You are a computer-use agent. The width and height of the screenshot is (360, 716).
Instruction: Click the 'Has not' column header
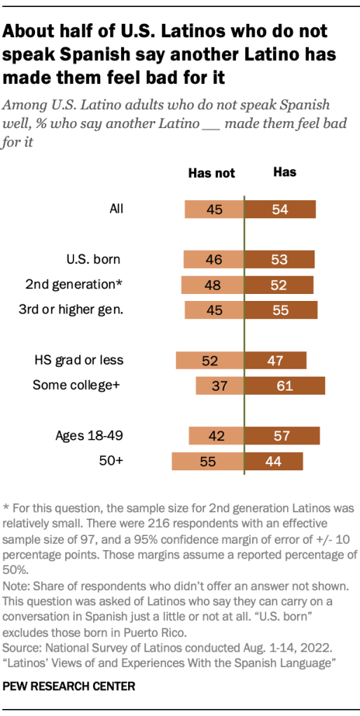(x=212, y=174)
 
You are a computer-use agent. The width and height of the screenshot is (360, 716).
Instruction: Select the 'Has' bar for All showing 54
(x=280, y=209)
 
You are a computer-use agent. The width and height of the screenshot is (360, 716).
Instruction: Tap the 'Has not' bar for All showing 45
(x=214, y=209)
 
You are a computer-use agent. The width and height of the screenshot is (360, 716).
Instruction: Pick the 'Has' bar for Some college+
(x=284, y=386)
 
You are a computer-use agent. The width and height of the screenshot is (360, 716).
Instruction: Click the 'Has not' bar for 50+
(x=207, y=461)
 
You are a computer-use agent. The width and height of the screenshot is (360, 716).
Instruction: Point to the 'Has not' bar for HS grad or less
(x=209, y=360)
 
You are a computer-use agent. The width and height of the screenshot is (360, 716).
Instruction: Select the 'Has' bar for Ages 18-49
(x=282, y=436)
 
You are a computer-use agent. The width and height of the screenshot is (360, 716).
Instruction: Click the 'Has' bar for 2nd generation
(x=279, y=285)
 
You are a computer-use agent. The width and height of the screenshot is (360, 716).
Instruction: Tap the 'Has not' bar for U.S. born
(x=213, y=260)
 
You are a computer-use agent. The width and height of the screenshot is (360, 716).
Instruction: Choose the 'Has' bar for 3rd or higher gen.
(x=281, y=310)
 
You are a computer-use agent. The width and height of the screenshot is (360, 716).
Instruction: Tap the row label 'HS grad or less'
(x=78, y=360)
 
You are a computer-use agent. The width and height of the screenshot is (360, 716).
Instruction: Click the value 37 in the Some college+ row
(x=220, y=386)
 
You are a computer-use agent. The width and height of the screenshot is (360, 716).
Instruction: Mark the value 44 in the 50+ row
(x=274, y=461)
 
